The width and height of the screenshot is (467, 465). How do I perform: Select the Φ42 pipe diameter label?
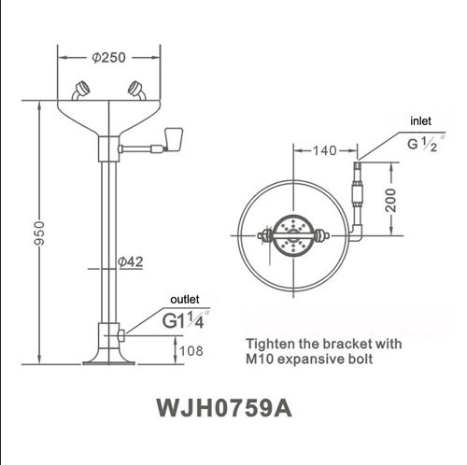(131, 263)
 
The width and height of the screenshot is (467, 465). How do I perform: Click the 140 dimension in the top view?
(324, 149)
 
